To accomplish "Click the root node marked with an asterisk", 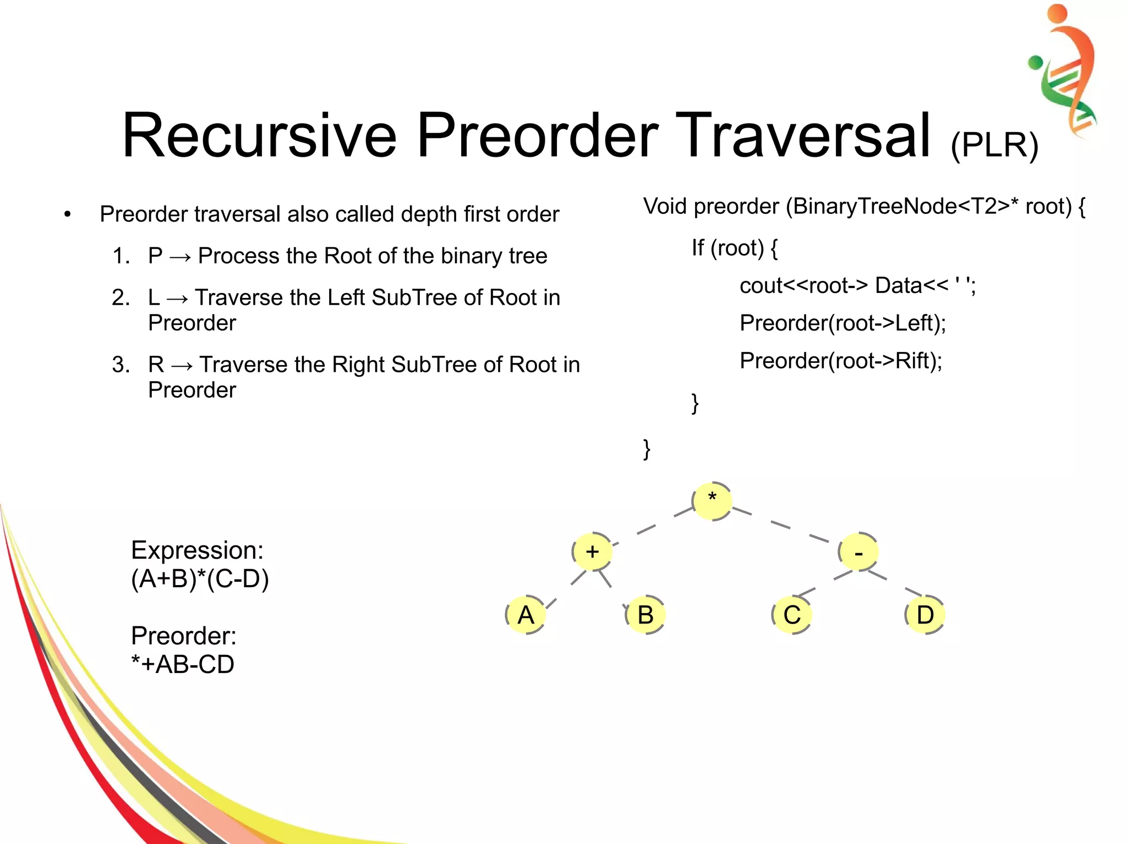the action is (712, 500).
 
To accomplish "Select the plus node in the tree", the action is (592, 551).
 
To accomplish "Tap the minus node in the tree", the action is (858, 552).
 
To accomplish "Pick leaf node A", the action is (526, 615).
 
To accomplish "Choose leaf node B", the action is (645, 615).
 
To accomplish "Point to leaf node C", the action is (792, 615).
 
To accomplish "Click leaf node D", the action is (925, 615).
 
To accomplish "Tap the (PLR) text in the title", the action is (994, 145).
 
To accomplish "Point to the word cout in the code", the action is (761, 286).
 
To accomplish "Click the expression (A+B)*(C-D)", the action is (200, 579).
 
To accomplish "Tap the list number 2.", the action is (121, 298).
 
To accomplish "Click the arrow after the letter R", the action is (182, 366).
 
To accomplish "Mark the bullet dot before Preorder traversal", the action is (67, 214).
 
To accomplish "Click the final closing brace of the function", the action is (647, 449).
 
